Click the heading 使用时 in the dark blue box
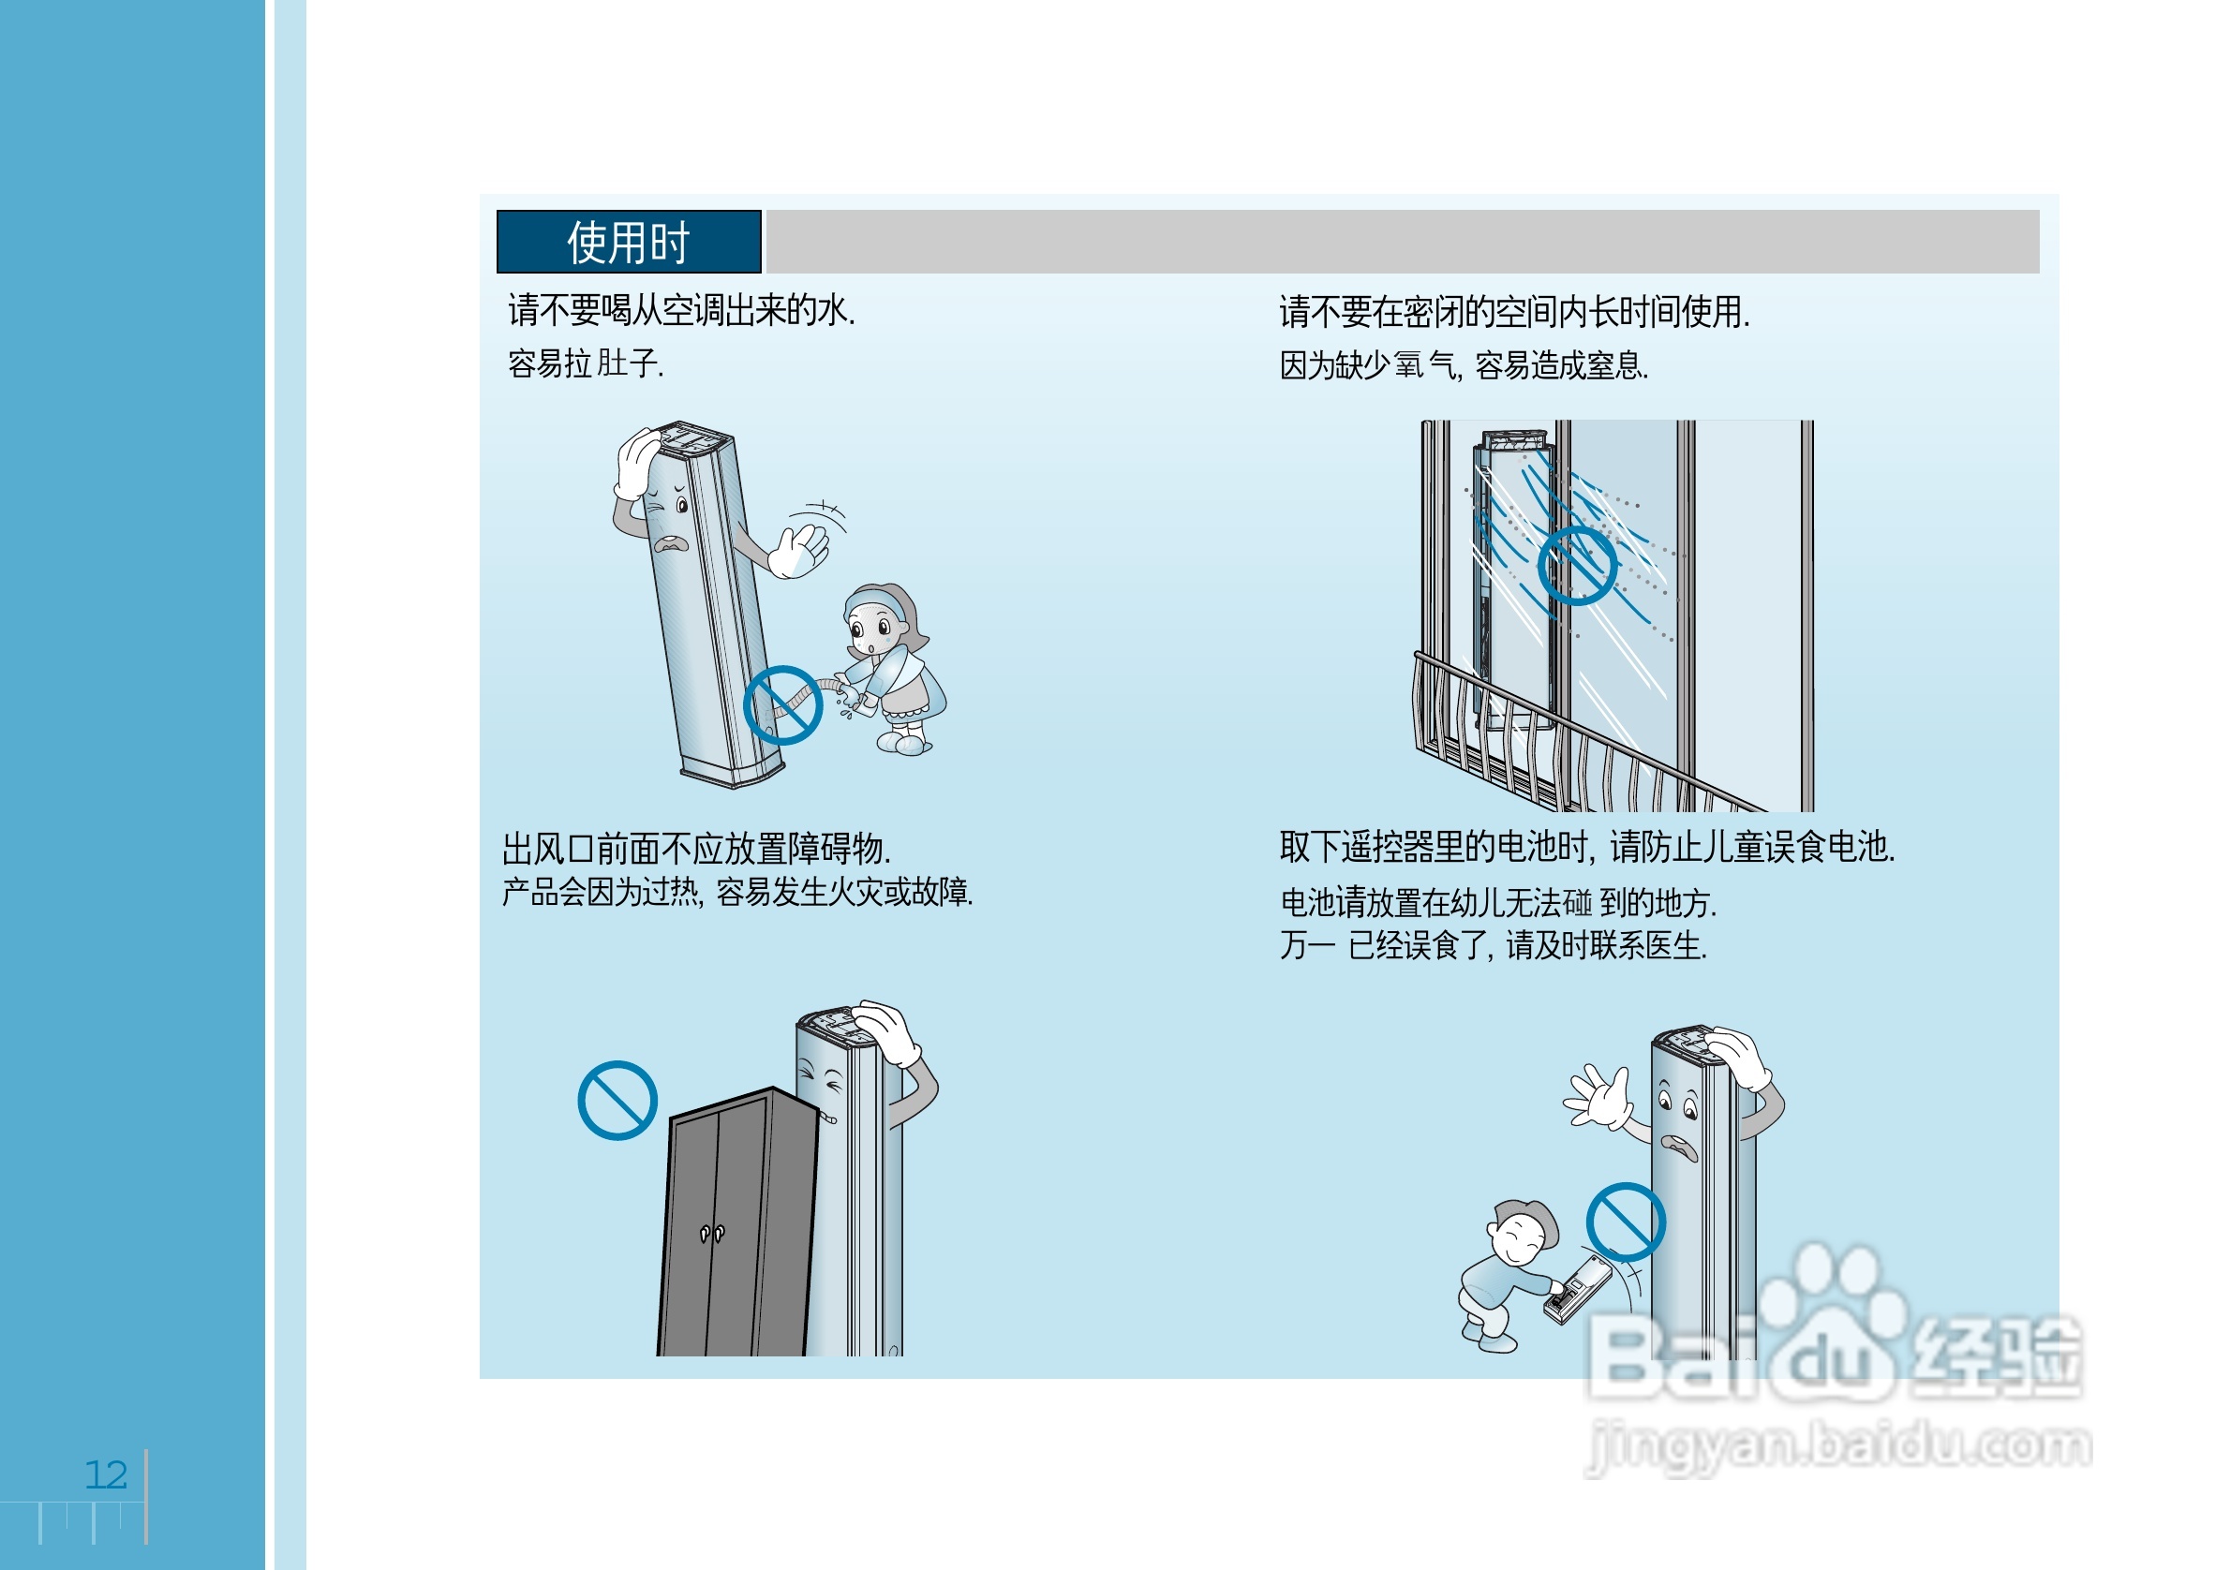[628, 242]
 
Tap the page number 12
[106, 1474]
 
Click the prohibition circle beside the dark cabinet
[617, 1100]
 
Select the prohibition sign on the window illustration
[1577, 566]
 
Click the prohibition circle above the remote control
[1626, 1222]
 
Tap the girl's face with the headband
[874, 629]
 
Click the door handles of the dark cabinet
[712, 1233]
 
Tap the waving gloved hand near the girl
[798, 551]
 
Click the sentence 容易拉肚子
[586, 364]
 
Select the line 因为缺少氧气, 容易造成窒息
[1463, 366]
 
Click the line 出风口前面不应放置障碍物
[696, 849]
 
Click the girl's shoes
[903, 744]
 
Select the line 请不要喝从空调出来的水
[681, 311]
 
